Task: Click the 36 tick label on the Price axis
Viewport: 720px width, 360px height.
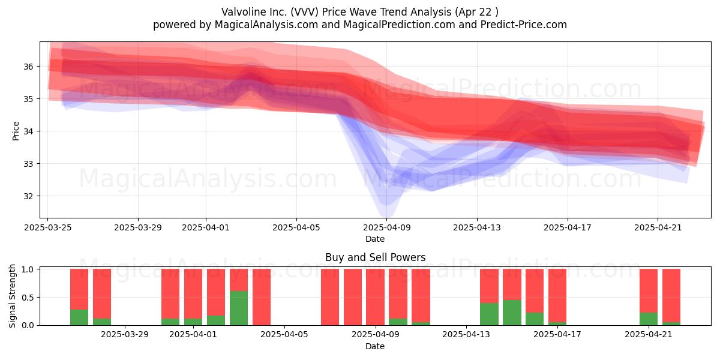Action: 28,67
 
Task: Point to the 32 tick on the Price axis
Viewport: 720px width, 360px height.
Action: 28,196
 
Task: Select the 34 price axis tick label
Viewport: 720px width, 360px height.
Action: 28,131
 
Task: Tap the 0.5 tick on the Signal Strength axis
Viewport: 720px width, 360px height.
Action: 28,298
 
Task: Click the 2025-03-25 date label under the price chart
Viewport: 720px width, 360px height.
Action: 48,227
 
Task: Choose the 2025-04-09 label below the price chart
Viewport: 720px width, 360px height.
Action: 387,227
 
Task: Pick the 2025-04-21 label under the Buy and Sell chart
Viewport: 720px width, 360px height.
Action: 649,335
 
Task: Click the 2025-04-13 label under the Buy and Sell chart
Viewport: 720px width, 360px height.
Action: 466,335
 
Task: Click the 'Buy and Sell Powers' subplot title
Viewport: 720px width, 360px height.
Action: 376,257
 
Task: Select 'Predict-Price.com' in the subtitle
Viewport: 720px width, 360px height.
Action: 524,25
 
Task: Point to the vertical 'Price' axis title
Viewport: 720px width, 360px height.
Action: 16,131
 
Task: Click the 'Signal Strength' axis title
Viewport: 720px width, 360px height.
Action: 12,296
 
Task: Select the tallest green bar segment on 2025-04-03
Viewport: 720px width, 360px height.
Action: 239,308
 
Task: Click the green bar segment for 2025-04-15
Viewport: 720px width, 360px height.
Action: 512,313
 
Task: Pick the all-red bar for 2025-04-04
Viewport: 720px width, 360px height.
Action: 262,297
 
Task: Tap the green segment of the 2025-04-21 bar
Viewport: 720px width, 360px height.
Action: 649,319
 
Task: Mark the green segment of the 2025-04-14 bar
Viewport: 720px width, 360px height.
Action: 489,314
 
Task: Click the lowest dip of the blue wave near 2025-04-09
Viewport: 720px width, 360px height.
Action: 386,215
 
